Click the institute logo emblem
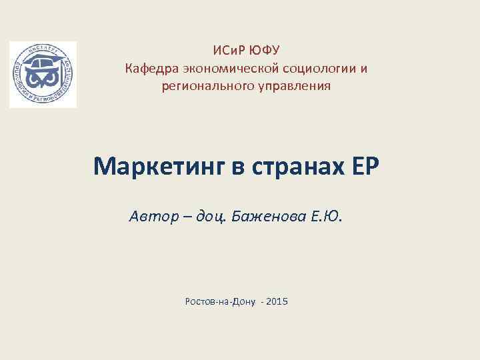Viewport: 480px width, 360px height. click(x=43, y=75)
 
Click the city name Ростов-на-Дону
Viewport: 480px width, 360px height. click(x=220, y=302)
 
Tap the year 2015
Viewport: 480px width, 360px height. click(x=277, y=302)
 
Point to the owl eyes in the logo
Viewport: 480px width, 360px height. click(x=43, y=81)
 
